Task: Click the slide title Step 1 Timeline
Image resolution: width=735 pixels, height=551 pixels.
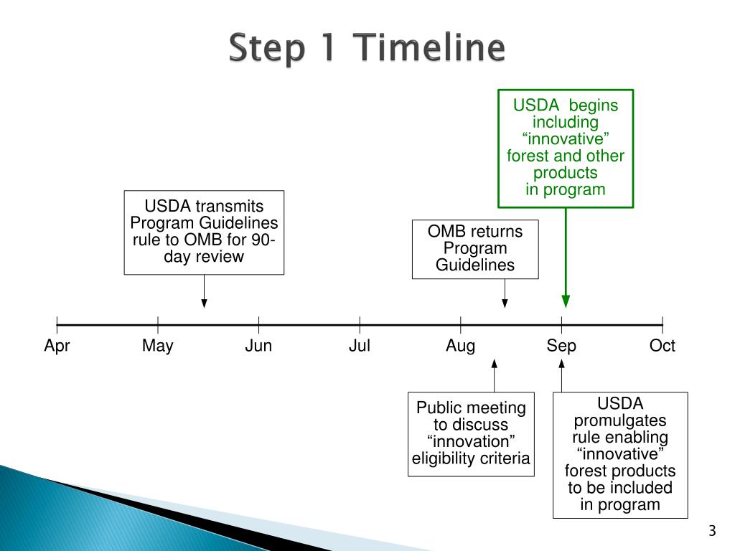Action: click(367, 50)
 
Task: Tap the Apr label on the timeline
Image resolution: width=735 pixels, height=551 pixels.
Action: click(57, 347)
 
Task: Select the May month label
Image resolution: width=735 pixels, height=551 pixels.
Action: click(157, 347)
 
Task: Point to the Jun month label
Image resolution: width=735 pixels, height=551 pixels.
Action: click(258, 347)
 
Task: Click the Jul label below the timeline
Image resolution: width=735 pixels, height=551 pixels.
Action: click(360, 347)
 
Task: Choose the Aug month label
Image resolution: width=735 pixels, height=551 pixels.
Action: click(460, 347)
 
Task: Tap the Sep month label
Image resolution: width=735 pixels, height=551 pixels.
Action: click(561, 347)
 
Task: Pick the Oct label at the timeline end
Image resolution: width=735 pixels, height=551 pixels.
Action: click(662, 347)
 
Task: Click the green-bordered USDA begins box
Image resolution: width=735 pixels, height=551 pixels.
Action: click(566, 148)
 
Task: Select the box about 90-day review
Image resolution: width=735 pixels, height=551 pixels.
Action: click(204, 232)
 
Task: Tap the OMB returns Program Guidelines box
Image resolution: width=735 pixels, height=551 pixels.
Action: click(475, 249)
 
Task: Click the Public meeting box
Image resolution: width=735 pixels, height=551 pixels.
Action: click(471, 433)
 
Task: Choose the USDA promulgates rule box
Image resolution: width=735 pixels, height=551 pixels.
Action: click(620, 454)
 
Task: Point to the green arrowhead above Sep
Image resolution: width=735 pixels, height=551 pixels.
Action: click(566, 301)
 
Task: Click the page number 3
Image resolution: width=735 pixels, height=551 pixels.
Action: click(712, 532)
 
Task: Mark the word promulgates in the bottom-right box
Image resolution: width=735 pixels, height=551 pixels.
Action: click(620, 420)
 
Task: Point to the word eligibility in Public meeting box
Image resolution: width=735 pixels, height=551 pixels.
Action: click(445, 458)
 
